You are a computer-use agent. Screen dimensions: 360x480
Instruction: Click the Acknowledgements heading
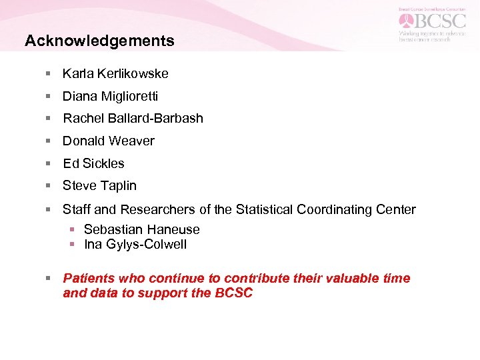tap(99, 41)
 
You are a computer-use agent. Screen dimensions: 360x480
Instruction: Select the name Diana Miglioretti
tap(110, 96)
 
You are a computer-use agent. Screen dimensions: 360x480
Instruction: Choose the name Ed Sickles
tap(93, 163)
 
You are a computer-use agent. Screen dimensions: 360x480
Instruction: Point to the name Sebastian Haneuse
tap(141, 229)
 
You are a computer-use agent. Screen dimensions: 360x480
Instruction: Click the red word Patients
tap(89, 278)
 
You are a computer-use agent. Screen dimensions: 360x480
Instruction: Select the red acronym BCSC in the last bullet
tap(233, 293)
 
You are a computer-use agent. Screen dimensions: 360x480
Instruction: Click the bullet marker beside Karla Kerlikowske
tap(48, 73)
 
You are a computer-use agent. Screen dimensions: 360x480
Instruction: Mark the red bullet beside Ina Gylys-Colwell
tap(72, 245)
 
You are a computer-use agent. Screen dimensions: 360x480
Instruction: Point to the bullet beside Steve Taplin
tap(48, 186)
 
